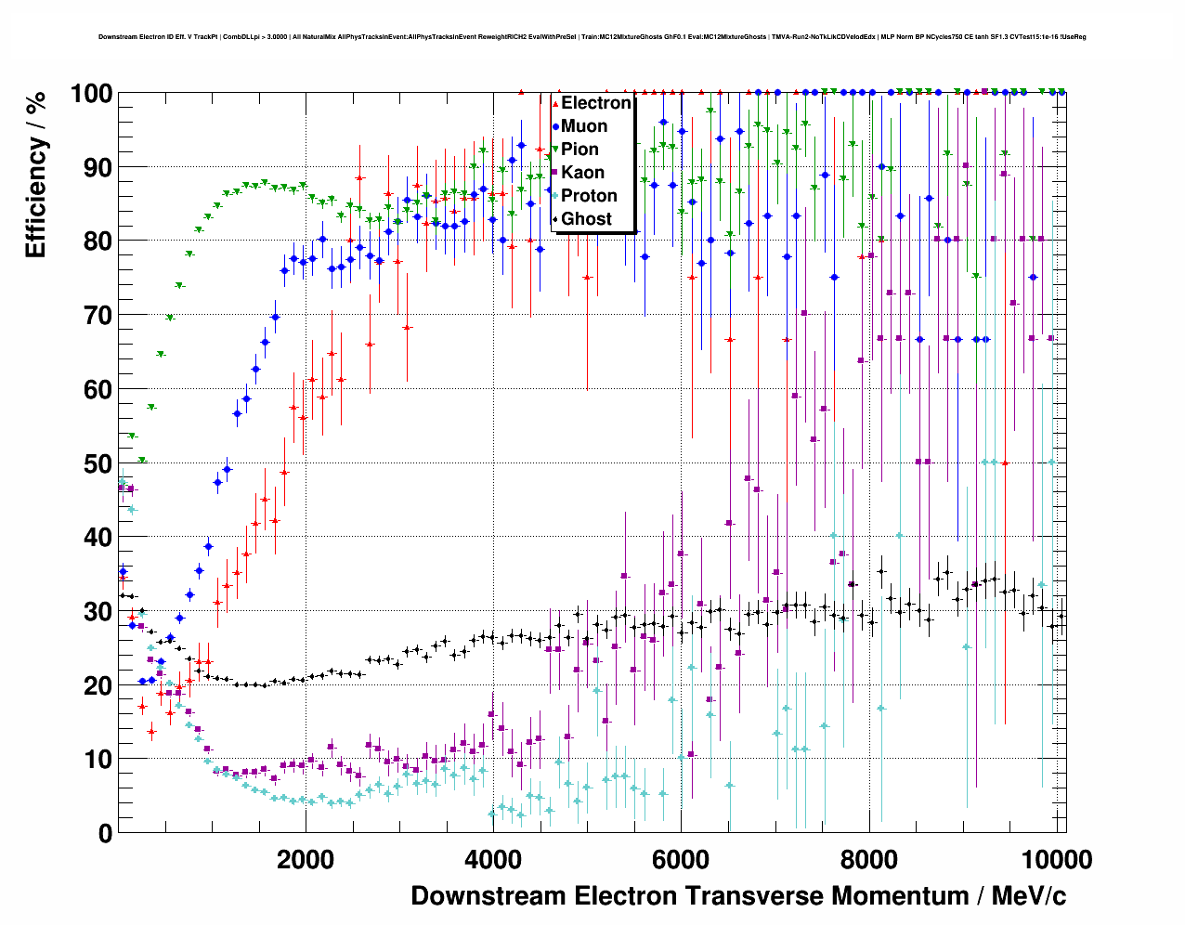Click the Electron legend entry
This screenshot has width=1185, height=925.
click(x=595, y=103)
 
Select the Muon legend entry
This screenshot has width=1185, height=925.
click(x=584, y=126)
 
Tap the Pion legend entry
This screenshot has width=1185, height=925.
click(x=579, y=150)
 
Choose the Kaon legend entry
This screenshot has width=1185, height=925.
click(x=582, y=173)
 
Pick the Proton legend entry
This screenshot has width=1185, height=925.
click(x=589, y=196)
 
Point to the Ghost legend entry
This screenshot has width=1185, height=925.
click(x=586, y=219)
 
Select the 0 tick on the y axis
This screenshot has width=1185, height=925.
click(x=105, y=833)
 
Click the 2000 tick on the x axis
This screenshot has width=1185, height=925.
click(x=305, y=859)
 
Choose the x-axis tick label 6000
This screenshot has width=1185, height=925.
click(x=681, y=859)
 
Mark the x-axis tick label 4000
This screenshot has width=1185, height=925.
click(x=492, y=859)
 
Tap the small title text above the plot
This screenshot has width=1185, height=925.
click(x=592, y=37)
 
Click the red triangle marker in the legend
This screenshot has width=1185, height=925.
click(x=555, y=103)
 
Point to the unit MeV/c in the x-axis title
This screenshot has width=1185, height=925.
click(x=1028, y=896)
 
